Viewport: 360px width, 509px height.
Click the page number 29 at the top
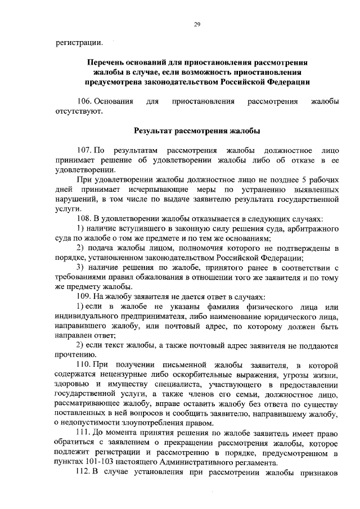pyautogui.click(x=197, y=24)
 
